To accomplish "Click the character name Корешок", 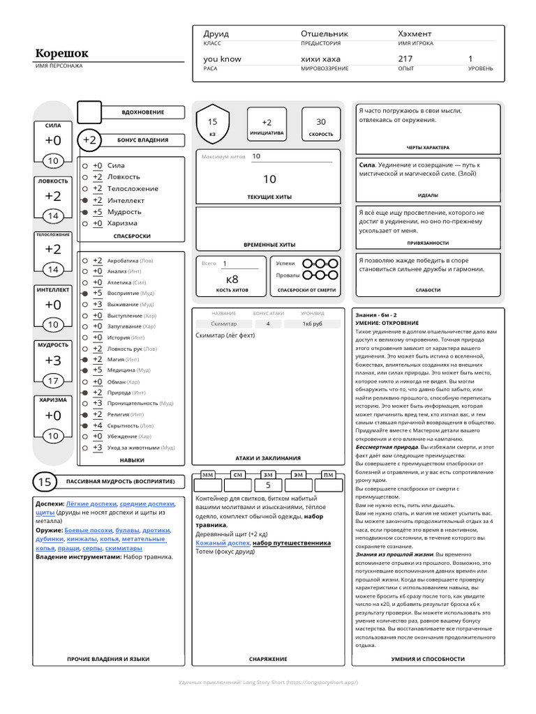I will (x=62, y=54).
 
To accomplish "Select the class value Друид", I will (x=216, y=33).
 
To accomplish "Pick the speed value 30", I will (x=320, y=122).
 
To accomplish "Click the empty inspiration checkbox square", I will (x=89, y=112).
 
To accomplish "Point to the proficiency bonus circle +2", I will (x=89, y=140).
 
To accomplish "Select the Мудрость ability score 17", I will (x=53, y=381).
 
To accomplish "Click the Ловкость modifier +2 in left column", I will (x=53, y=197).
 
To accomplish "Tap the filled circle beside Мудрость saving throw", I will (x=84, y=212).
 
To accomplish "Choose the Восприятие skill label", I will (x=123, y=294).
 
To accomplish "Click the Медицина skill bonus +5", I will (x=97, y=370).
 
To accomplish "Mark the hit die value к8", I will (x=232, y=279).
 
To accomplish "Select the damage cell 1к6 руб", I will (x=312, y=324).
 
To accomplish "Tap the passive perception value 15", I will (x=45, y=482).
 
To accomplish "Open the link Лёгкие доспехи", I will (x=91, y=503).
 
